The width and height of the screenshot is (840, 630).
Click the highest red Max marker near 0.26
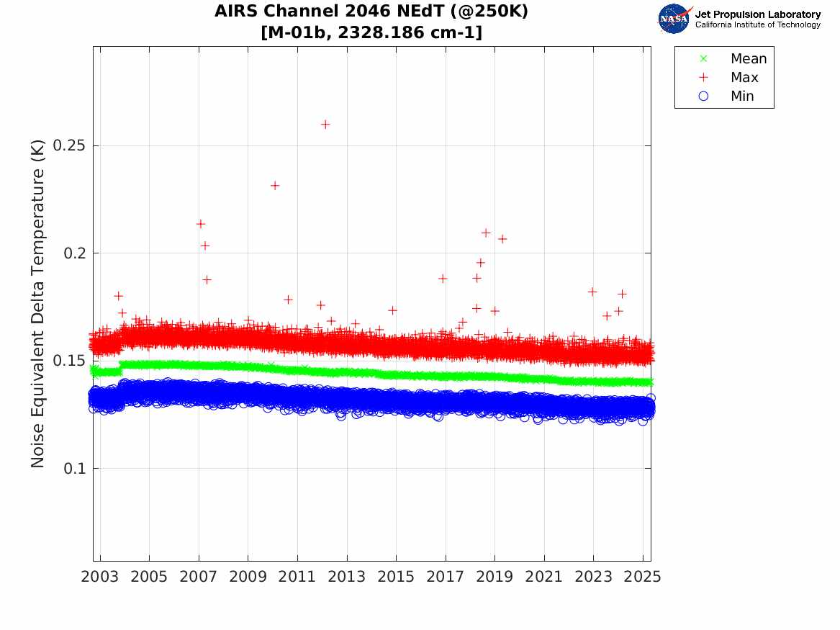tap(325, 124)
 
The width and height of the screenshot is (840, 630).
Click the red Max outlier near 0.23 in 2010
tap(275, 185)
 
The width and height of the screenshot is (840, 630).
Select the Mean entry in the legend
tap(748, 59)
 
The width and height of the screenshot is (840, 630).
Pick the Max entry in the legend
tap(744, 77)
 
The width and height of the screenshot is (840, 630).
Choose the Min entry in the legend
tap(742, 96)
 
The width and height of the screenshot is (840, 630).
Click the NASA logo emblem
tap(674, 18)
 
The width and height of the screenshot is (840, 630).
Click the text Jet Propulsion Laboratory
tap(758, 14)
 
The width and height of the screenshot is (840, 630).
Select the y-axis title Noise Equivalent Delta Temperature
tap(38, 303)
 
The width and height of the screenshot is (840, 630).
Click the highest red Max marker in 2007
tap(201, 223)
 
